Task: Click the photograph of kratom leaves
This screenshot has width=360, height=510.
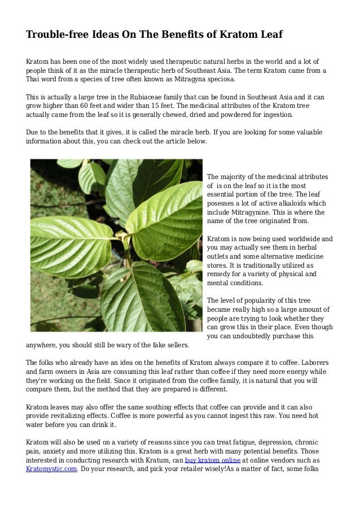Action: [115, 245]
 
